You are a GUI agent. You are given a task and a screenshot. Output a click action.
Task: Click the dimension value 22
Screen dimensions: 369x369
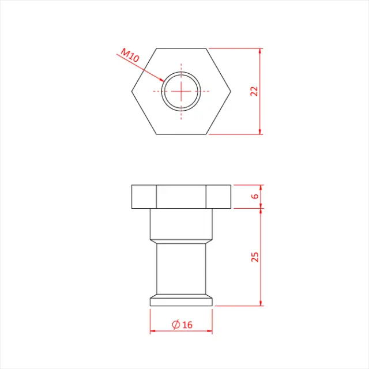[254, 91]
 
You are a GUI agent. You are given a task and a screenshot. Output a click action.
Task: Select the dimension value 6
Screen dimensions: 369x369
[254, 197]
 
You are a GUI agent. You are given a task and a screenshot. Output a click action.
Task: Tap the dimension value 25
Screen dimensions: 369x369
[254, 257]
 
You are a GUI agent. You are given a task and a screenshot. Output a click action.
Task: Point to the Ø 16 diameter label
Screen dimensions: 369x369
[182, 325]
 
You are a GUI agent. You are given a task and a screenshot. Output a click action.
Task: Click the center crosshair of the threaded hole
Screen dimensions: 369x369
[181, 91]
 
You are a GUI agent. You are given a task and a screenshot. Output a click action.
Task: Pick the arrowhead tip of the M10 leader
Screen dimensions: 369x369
[163, 81]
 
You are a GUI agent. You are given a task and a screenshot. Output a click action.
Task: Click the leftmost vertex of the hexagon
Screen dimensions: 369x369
[131, 91]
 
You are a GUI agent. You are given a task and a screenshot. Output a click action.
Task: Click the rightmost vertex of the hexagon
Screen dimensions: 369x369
[231, 91]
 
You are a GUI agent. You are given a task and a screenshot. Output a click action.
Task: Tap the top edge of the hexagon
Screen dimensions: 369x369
[181, 48]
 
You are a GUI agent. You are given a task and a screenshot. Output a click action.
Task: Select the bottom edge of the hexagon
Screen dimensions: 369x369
[181, 134]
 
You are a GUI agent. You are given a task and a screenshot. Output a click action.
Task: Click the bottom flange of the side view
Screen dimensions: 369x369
[181, 302]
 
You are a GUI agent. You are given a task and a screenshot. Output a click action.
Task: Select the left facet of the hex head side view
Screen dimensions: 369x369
[144, 197]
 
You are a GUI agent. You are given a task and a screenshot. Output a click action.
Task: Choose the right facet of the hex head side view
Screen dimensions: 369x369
[219, 197]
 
